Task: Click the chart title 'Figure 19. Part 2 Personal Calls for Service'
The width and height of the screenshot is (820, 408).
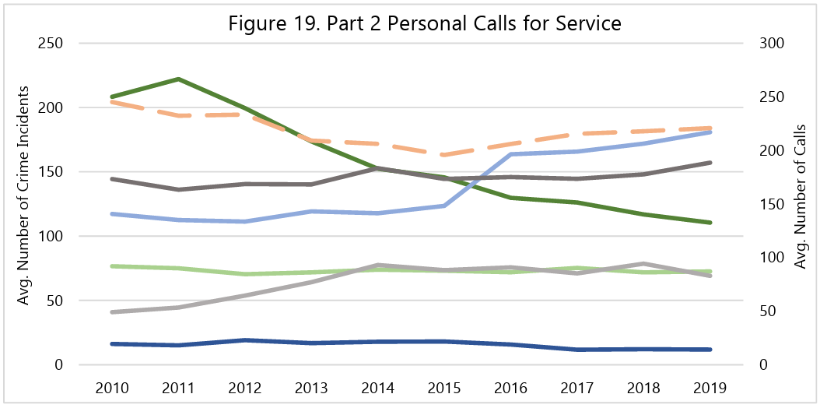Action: (x=425, y=23)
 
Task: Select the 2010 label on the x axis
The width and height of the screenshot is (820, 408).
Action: (x=113, y=387)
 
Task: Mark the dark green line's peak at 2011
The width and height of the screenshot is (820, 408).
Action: (x=180, y=79)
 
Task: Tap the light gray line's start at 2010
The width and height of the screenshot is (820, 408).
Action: (x=114, y=312)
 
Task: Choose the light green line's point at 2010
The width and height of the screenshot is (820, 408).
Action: (x=114, y=266)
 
